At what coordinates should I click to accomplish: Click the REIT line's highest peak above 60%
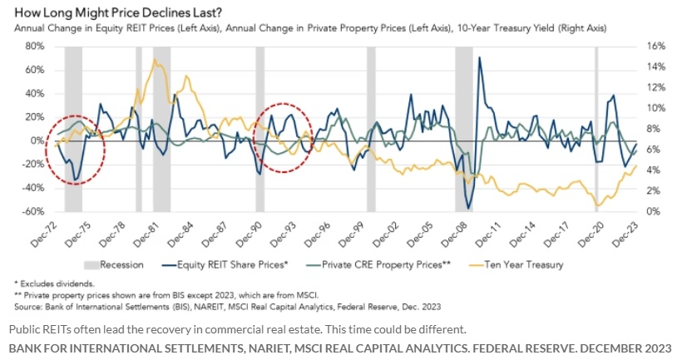coord(479,58)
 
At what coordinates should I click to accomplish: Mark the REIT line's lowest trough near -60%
coord(469,208)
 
